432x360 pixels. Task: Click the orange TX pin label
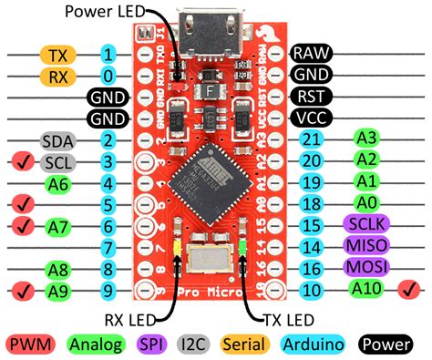click(x=57, y=56)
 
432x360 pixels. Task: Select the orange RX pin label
click(x=57, y=76)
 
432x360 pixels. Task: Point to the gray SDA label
click(x=57, y=140)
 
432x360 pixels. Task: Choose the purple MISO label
click(x=363, y=245)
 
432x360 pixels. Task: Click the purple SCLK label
click(x=363, y=224)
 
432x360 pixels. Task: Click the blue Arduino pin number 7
click(x=108, y=247)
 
